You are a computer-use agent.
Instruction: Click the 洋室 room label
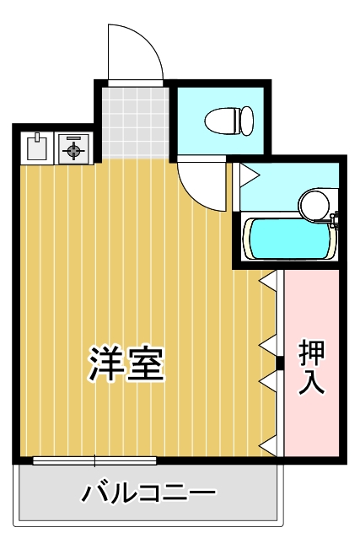[127, 363]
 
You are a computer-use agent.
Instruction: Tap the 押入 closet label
[312, 368]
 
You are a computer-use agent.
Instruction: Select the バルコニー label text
[148, 493]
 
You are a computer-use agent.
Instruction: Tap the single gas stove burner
[73, 149]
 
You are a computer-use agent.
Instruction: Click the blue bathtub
[286, 238]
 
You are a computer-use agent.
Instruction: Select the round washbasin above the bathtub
[316, 203]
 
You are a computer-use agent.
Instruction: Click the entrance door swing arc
[135, 52]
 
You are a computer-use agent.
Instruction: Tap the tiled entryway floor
[134, 122]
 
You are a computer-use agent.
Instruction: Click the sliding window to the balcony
[94, 460]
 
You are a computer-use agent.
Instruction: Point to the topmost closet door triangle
[268, 281]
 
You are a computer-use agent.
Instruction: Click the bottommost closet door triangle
[268, 444]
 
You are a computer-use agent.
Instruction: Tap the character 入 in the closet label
[312, 383]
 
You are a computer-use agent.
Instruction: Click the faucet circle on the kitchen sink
[37, 137]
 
